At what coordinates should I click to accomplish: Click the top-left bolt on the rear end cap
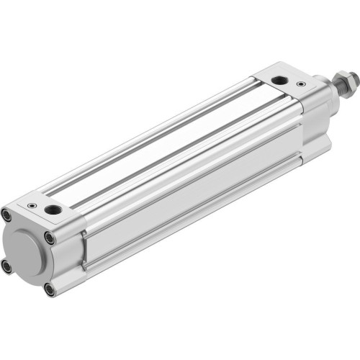pos(7,214)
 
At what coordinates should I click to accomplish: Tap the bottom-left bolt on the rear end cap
pos(7,266)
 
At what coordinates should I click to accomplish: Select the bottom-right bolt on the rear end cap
pos(49,289)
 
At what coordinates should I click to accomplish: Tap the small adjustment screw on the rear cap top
pos(32,205)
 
